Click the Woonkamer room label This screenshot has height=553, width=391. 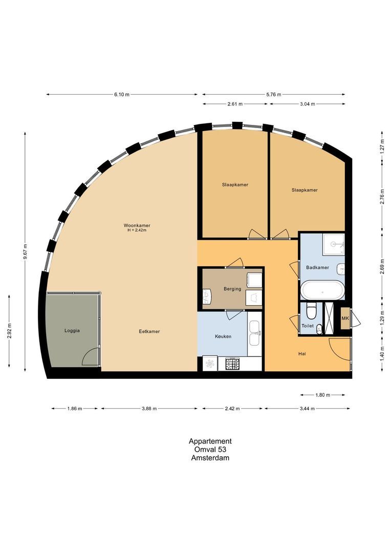(137, 225)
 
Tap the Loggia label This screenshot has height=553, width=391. (72, 331)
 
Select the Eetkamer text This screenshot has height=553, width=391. (149, 331)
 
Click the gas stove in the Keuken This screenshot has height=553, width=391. (233, 364)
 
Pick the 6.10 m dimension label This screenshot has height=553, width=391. (122, 94)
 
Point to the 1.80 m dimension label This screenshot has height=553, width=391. (322, 395)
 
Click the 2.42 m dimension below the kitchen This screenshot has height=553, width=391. (233, 409)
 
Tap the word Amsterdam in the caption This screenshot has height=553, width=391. (210, 458)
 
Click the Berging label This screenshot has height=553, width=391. (232, 289)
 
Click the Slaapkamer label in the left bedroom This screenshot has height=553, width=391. (235, 185)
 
